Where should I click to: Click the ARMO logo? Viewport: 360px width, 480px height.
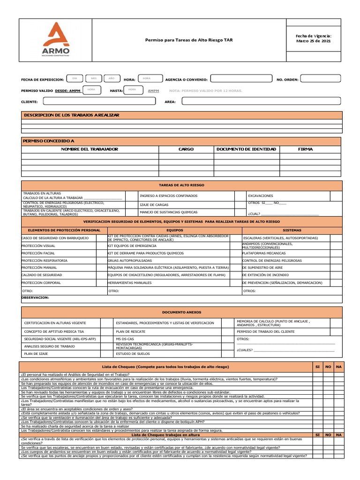[x=55, y=40]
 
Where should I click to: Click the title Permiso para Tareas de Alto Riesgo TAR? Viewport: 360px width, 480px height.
[x=188, y=40]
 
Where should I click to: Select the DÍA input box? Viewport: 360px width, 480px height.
[x=75, y=78]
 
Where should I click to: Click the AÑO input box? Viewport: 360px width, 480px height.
[x=111, y=78]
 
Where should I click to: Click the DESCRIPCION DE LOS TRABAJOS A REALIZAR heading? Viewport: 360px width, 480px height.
[x=72, y=115]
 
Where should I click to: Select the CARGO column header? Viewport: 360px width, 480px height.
[x=186, y=149]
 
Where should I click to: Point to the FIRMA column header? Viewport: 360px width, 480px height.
[x=306, y=149]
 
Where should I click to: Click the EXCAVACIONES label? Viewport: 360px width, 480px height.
[x=261, y=196]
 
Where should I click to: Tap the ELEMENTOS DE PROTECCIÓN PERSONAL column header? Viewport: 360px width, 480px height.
[x=64, y=230]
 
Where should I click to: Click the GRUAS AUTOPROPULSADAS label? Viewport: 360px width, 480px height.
[x=127, y=260]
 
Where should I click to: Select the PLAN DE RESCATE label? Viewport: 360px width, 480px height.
[x=127, y=331]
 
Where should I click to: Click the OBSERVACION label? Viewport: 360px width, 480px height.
[x=36, y=297]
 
